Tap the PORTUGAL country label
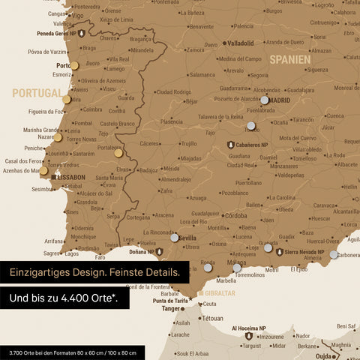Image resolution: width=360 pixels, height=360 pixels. [x=37, y=93]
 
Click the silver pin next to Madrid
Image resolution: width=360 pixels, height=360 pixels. [x=264, y=100]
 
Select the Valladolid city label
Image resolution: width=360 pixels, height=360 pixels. [x=241, y=43]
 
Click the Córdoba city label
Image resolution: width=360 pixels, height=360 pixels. [x=235, y=215]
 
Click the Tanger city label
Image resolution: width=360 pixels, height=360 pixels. [x=172, y=308]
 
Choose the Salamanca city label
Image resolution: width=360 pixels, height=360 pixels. [x=202, y=75]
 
